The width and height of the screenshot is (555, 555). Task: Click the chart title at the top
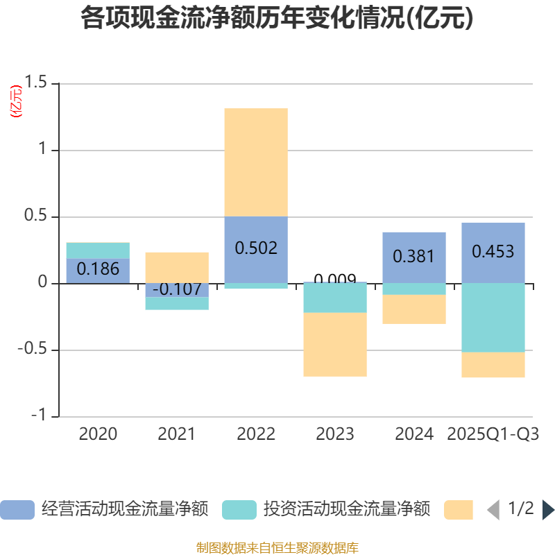pyautogui.click(x=277, y=18)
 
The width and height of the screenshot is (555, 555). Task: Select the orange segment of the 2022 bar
pyautogui.click(x=256, y=162)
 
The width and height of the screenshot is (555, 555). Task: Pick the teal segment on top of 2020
pyautogui.click(x=98, y=250)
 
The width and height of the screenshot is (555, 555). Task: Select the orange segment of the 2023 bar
pyautogui.click(x=335, y=345)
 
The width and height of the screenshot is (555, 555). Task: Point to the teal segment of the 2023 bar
pyautogui.click(x=335, y=298)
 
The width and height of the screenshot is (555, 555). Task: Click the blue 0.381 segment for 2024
pyautogui.click(x=414, y=257)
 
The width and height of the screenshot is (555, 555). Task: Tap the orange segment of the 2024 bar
pyautogui.click(x=414, y=309)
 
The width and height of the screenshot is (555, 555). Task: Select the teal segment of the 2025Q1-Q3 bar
pyautogui.click(x=493, y=318)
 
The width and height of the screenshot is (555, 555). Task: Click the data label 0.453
pyautogui.click(x=493, y=251)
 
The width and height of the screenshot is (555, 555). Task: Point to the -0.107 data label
pyautogui.click(x=177, y=289)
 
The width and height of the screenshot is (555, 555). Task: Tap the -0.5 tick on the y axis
pyautogui.click(x=33, y=350)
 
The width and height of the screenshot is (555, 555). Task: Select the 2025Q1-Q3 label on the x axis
pyautogui.click(x=493, y=434)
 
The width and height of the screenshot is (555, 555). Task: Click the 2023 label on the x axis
pyautogui.click(x=335, y=434)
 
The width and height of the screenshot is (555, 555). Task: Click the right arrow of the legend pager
pyautogui.click(x=548, y=510)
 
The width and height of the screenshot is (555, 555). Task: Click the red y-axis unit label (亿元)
pyautogui.click(x=15, y=101)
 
